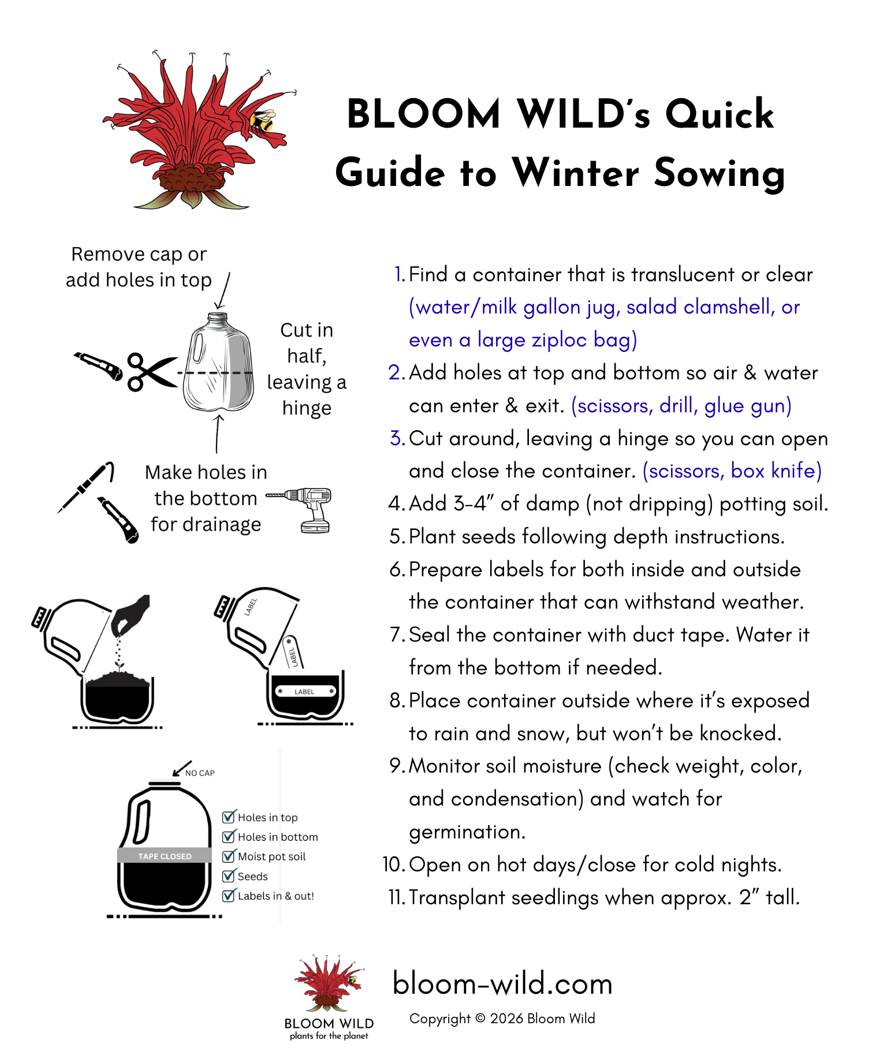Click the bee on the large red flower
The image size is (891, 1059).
point(263,121)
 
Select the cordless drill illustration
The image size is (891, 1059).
point(307,508)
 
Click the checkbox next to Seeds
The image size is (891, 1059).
point(229,876)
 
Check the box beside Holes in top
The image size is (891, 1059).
point(229,817)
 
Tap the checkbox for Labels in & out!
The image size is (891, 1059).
point(229,896)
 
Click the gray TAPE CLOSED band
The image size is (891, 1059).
point(165,856)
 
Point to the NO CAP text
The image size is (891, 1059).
point(200,773)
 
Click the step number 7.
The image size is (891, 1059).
point(397,635)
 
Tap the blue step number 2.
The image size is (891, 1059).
point(396,372)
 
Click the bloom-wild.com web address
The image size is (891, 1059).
point(502,983)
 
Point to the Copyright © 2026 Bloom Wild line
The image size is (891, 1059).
point(502,1019)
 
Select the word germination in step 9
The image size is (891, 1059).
point(467,831)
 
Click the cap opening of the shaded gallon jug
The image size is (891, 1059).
point(218,316)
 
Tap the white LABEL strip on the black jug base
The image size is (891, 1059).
point(305,691)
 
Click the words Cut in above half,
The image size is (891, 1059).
point(307,330)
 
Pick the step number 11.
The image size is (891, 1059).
point(397,897)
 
